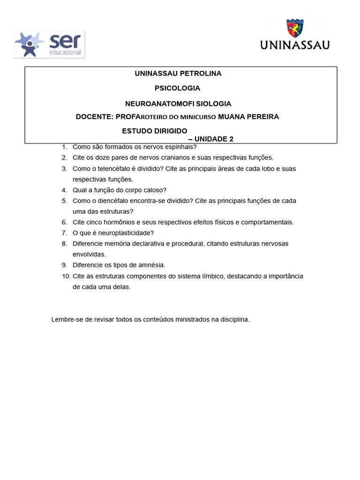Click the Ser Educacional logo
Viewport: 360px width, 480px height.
[49, 45]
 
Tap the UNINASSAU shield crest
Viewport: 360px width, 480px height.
[295, 29]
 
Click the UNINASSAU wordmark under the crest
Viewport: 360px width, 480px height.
[295, 45]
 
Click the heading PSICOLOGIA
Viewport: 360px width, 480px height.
[177, 88]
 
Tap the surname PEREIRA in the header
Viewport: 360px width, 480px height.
[260, 117]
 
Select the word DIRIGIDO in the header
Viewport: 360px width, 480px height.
[167, 131]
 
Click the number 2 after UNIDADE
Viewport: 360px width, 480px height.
[231, 139]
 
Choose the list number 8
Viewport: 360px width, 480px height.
[64, 244]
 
